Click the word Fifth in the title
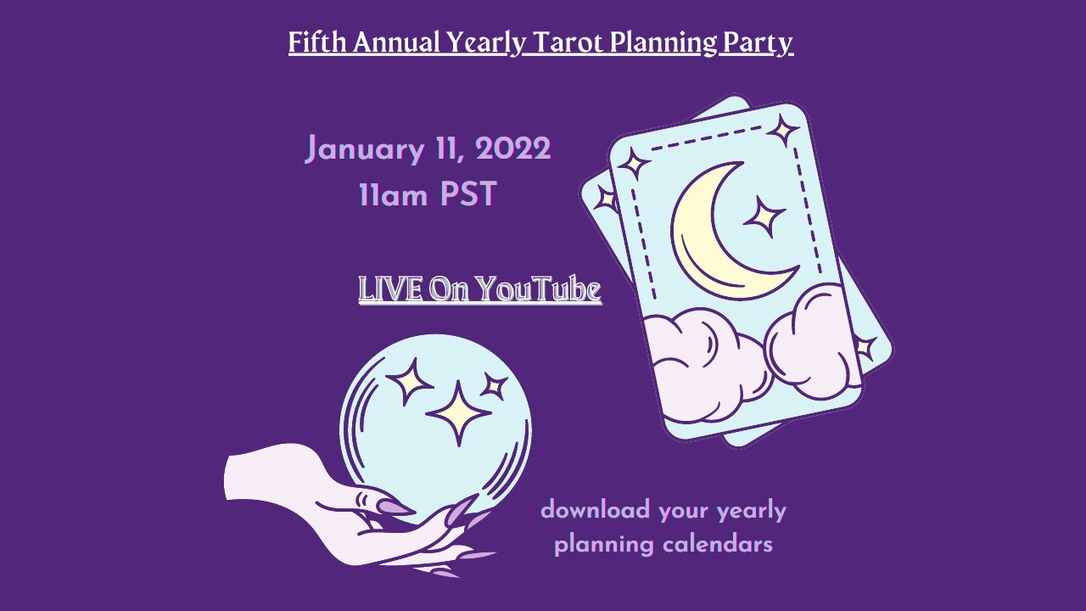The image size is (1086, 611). pyautogui.click(x=317, y=42)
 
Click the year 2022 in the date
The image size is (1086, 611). pyautogui.click(x=513, y=149)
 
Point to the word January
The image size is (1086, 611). pyautogui.click(x=365, y=150)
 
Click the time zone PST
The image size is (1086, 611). pyautogui.click(x=468, y=194)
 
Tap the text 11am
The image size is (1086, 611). pyautogui.click(x=393, y=195)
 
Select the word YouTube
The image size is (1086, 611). pyautogui.click(x=539, y=289)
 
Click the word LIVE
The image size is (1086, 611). pyautogui.click(x=390, y=289)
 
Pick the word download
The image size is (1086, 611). pyautogui.click(x=595, y=510)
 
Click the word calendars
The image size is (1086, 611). pyautogui.click(x=718, y=544)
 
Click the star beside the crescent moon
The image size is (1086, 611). pyautogui.click(x=764, y=216)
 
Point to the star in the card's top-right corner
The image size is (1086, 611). pyautogui.click(x=782, y=130)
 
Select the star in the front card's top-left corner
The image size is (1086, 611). pyautogui.click(x=633, y=165)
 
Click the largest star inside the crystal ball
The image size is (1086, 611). pyautogui.click(x=459, y=413)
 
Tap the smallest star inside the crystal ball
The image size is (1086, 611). pyautogui.click(x=494, y=386)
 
